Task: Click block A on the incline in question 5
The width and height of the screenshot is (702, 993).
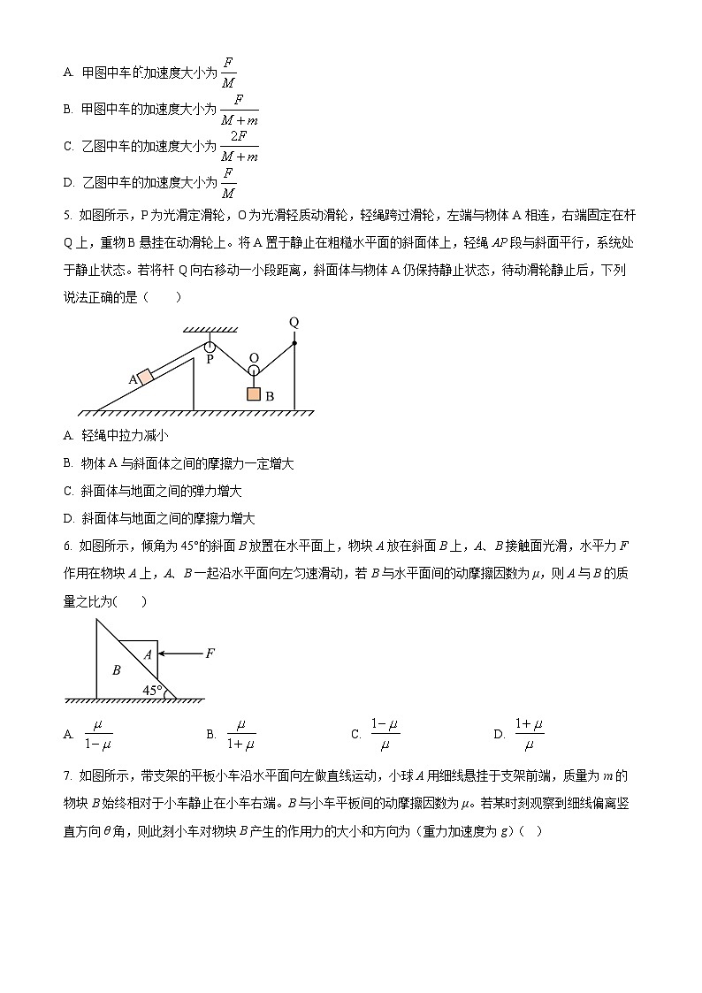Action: tap(145, 377)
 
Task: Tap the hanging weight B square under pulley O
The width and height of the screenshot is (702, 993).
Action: tap(254, 394)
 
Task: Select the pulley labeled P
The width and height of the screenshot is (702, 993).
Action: tap(210, 347)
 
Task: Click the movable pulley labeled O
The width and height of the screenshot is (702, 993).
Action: tap(254, 359)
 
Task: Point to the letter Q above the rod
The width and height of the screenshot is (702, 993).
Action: tap(294, 323)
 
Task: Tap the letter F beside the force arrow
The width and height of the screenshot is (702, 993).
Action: tap(210, 653)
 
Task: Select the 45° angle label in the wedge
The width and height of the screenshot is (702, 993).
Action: tap(152, 690)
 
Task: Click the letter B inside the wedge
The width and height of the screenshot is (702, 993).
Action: tap(116, 670)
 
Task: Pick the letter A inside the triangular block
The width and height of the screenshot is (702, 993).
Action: tap(147, 654)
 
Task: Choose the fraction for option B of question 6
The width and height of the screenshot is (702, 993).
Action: tap(240, 735)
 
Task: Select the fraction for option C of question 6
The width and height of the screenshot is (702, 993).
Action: tap(385, 735)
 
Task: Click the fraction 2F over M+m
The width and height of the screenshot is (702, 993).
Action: tap(238, 146)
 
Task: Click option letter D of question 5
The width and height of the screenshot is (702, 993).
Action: tap(68, 519)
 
